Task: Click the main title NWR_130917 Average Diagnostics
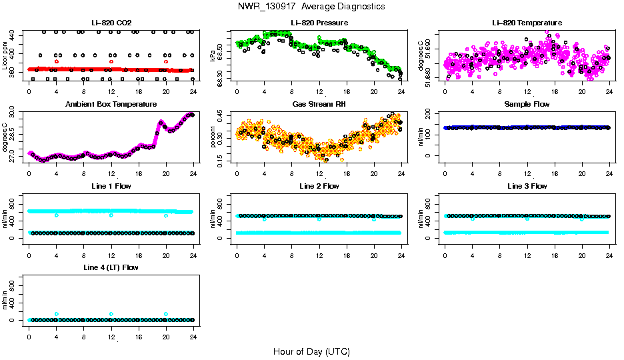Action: (311, 6)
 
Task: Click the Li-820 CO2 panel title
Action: (111, 23)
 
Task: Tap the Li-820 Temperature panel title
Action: (527, 23)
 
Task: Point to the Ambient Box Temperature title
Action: (111, 105)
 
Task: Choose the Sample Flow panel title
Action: (527, 105)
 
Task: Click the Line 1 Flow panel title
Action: (111, 186)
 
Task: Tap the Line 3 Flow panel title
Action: (527, 186)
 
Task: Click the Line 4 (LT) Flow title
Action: (111, 267)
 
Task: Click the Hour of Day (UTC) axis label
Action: (311, 351)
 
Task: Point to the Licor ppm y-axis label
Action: (5, 55)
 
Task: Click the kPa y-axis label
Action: (213, 56)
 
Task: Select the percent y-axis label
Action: (213, 137)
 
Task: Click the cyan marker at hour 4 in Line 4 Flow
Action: (57, 314)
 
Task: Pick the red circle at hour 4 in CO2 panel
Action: (57, 61)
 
